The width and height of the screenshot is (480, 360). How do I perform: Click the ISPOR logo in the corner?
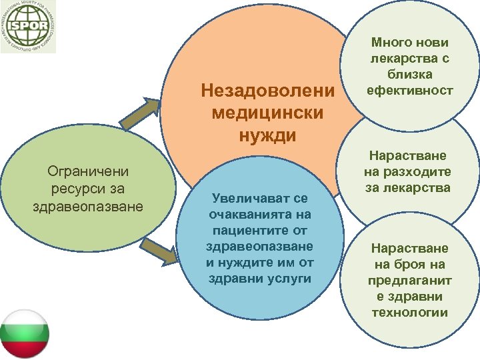28,27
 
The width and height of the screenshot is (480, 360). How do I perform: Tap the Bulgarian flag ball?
25,334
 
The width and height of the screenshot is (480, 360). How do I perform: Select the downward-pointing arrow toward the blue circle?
161,252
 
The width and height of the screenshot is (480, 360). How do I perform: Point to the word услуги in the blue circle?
288,278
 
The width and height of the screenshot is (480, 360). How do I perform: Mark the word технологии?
410,312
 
